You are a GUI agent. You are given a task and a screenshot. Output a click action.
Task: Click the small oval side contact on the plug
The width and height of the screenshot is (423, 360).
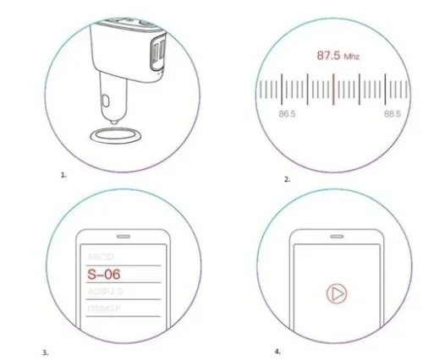104,103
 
